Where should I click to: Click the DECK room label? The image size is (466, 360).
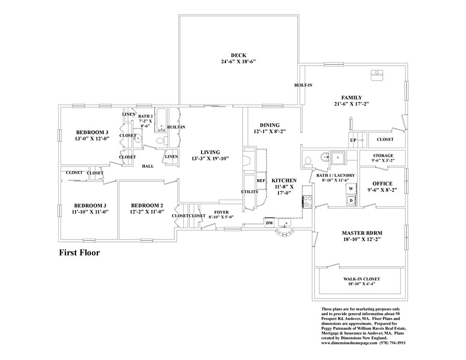(x=239, y=55)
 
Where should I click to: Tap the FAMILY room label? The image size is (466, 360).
(x=352, y=97)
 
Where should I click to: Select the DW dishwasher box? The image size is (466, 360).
(x=270, y=223)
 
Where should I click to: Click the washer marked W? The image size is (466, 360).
(x=351, y=188)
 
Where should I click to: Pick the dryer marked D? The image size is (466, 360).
(x=351, y=201)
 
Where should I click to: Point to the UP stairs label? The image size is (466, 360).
(x=353, y=140)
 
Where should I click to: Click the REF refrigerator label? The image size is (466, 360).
(x=261, y=180)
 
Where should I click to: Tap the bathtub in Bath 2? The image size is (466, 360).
(x=162, y=120)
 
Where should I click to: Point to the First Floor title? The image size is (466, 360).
(x=79, y=253)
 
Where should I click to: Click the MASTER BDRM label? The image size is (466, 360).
(x=362, y=233)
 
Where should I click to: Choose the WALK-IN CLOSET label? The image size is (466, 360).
(x=361, y=279)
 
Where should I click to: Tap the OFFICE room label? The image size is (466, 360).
(x=382, y=184)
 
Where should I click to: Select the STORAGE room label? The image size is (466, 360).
(x=383, y=156)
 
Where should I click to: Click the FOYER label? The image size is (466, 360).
(x=221, y=212)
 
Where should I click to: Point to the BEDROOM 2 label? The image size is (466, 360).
(x=147, y=205)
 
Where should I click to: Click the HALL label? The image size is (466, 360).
(x=148, y=166)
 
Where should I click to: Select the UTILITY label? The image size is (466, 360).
(x=249, y=192)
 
